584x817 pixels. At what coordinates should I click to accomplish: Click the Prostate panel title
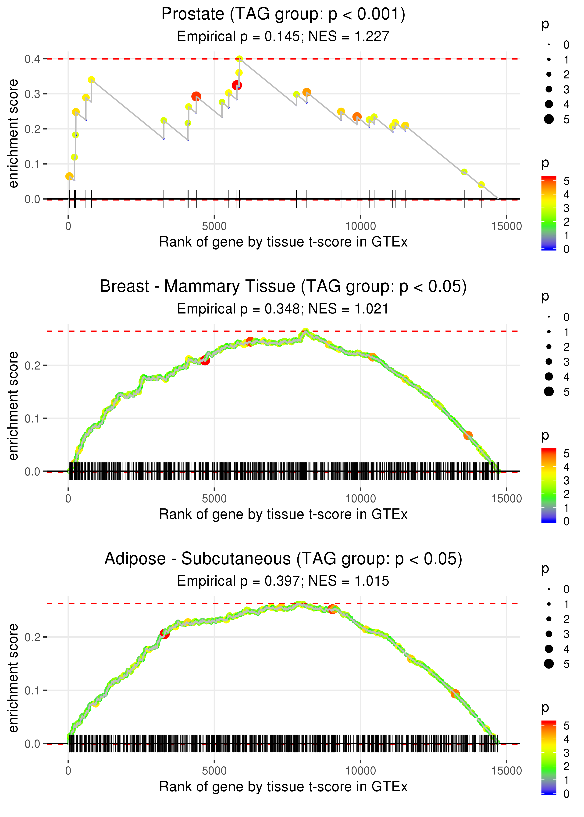(x=283, y=14)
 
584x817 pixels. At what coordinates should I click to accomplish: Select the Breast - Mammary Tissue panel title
(x=283, y=287)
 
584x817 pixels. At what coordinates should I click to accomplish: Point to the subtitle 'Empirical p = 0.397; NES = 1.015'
(x=283, y=581)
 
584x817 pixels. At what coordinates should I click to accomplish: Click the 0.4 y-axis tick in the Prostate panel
(x=32, y=59)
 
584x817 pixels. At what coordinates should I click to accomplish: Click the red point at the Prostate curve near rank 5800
(x=237, y=85)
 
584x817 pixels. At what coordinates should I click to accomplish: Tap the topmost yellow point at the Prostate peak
(x=239, y=59)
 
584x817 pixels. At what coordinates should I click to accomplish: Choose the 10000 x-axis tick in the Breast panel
(x=360, y=499)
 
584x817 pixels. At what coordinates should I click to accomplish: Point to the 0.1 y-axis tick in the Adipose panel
(x=32, y=690)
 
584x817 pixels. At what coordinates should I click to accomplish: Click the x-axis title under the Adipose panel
(x=283, y=787)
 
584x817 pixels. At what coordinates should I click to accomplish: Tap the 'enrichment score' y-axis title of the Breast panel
(x=13, y=406)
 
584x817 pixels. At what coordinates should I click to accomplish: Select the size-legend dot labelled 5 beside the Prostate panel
(x=549, y=119)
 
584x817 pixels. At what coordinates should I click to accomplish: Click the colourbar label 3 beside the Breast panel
(x=566, y=481)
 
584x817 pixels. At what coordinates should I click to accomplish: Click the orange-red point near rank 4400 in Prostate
(x=196, y=96)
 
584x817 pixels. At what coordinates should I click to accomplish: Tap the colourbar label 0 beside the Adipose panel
(x=566, y=794)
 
